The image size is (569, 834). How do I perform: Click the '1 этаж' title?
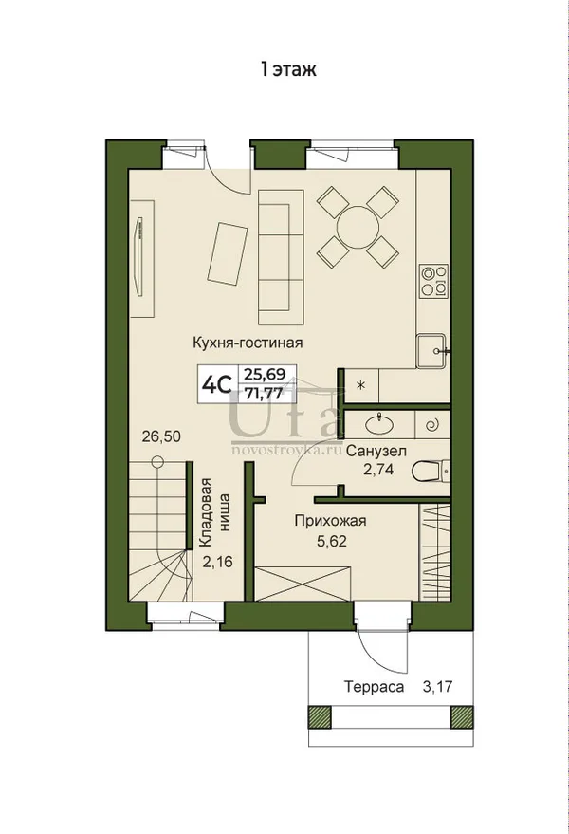coord(288,69)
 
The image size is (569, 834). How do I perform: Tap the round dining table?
coord(358,228)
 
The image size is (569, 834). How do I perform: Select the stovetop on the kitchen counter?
coord(433,280)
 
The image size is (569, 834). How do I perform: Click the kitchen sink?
coord(431,350)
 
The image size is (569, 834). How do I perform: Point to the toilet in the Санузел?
coord(431,471)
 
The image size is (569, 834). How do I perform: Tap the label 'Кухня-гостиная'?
coord(248,343)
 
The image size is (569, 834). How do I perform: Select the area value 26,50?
coord(161,436)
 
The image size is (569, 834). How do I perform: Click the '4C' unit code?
coord(217,384)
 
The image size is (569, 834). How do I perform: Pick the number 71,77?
coord(263,394)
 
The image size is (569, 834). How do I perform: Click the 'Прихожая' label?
coord(330,520)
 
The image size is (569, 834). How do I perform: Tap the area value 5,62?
coord(331,542)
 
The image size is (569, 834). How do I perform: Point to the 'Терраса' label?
coord(374,687)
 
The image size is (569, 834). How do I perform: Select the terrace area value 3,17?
coord(437,687)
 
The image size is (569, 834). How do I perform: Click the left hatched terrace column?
coord(320,716)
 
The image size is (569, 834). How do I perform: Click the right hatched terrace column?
coord(462,716)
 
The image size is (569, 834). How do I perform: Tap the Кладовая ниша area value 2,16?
coord(217,561)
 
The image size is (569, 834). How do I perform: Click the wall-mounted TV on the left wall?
coord(139,255)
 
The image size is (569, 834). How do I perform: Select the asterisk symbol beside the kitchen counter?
coord(361,385)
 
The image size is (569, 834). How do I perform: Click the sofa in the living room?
coord(282,257)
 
